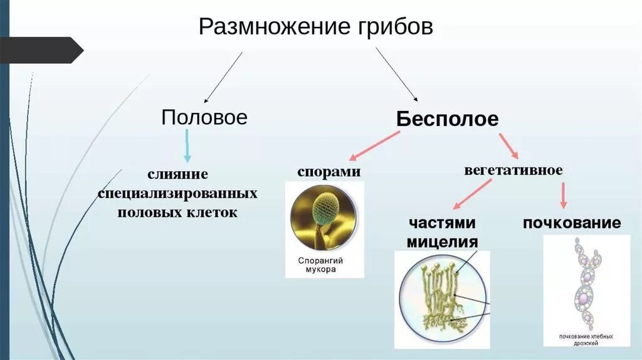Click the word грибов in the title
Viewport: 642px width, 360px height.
point(393,27)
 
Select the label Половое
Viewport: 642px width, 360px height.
point(204,117)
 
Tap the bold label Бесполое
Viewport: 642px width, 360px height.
point(447,119)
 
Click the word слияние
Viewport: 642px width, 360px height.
point(178,172)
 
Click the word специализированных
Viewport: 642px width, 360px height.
point(178,192)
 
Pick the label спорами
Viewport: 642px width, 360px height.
point(329,171)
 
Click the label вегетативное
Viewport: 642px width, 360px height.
point(513,170)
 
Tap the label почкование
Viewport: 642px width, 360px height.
point(571,223)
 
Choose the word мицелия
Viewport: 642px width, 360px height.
point(443,242)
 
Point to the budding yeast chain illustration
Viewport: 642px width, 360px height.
point(587,285)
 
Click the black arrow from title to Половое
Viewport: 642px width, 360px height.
point(223,77)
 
